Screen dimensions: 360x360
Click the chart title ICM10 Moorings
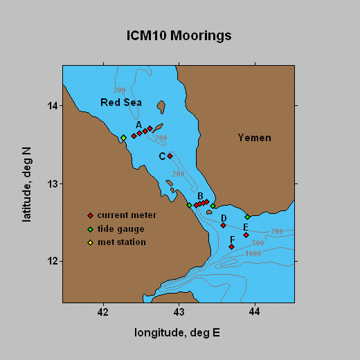[x=179, y=36]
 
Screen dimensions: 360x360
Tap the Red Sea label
[x=121, y=102]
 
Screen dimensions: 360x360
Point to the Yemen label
[x=255, y=138]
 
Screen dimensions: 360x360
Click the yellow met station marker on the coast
[x=124, y=138]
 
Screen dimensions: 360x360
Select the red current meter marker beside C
[x=170, y=156]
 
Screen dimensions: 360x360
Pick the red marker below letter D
[x=223, y=225]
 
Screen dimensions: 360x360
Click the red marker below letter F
[x=231, y=247]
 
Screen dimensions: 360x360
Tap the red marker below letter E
[x=246, y=235]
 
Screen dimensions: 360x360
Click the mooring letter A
[x=138, y=125]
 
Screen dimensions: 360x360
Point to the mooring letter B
[x=200, y=196]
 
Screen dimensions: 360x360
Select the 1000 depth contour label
[x=253, y=253]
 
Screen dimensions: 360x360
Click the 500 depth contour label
[x=258, y=243]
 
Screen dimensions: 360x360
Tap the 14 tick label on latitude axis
[x=52, y=106]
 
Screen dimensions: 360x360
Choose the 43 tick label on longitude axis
[x=179, y=312]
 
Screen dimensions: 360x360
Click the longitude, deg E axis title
[x=177, y=333]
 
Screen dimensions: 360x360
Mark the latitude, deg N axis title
[x=26, y=185]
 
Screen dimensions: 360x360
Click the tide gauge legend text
[x=120, y=229]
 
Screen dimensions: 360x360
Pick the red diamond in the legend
[x=90, y=216]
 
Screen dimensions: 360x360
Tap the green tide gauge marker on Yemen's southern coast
[x=248, y=217]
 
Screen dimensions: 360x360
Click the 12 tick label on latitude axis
[x=52, y=262]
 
